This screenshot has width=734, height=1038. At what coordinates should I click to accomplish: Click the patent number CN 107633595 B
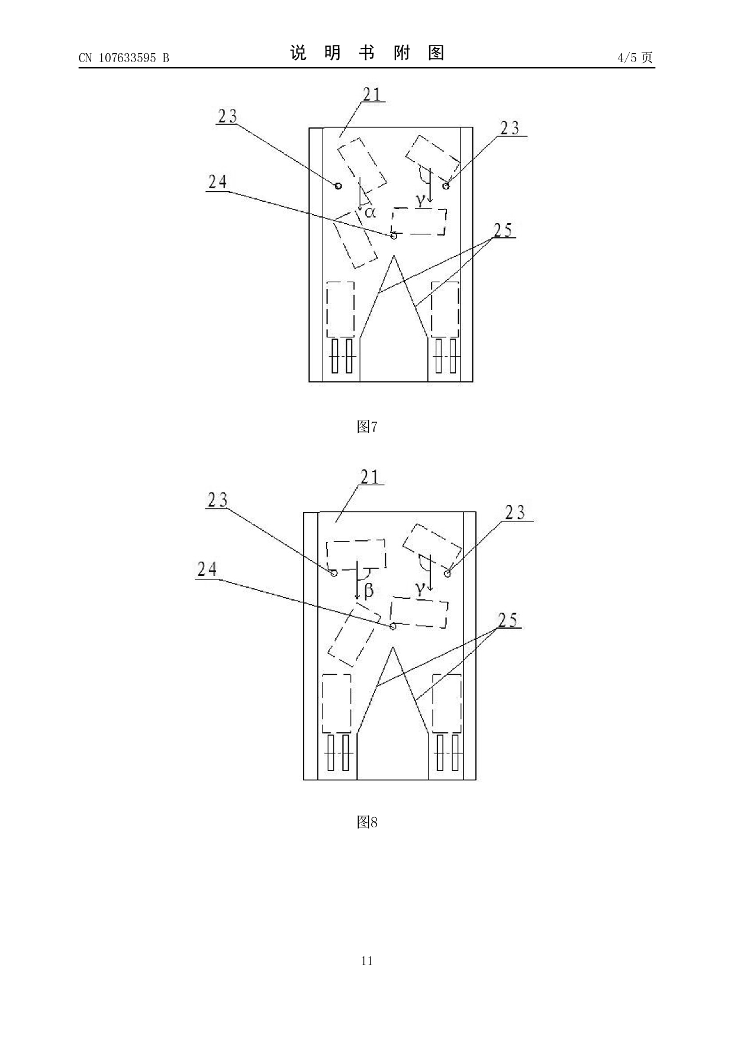pos(124,58)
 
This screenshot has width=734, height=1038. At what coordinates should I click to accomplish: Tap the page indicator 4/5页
pos(635,57)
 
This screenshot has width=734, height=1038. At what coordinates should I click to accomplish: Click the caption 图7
pos(367,427)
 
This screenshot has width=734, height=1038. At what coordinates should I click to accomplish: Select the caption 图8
pos(367,822)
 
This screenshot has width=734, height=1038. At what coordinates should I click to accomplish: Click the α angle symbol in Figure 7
pos(370,212)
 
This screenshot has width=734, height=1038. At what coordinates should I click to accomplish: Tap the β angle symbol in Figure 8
pos(368,590)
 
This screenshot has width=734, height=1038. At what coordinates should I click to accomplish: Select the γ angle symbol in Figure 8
pos(420,589)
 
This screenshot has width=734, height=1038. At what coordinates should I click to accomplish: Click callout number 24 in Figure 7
pos(217,182)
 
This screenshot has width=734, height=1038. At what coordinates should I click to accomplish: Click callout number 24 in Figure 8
pos(207,569)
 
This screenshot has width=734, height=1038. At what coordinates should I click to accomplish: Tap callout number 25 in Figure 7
pos(503,230)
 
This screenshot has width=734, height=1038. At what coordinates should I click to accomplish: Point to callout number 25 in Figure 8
pos(508,620)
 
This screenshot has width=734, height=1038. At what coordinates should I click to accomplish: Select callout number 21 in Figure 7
pos(372,94)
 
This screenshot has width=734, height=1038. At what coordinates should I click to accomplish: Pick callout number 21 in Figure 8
pos(370,477)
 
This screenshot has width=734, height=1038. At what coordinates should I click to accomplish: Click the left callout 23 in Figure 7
pos(227,117)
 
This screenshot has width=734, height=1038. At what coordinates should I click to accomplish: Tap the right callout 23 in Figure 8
pos(514,512)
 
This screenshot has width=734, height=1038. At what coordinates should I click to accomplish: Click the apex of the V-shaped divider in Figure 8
pos(391,647)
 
